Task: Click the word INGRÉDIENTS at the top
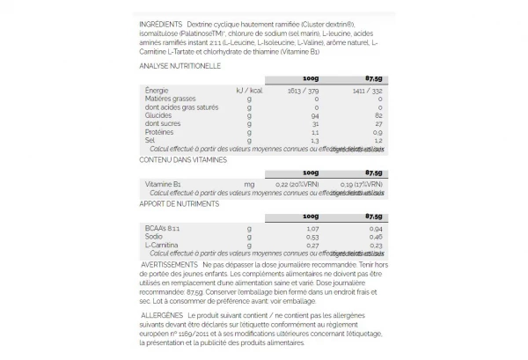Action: (160, 24)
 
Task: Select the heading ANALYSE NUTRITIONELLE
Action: (180, 65)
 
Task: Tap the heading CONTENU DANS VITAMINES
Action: (183, 159)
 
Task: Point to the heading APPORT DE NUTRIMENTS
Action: (180, 203)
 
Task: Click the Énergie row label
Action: (156, 91)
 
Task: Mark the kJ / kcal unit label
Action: (251, 91)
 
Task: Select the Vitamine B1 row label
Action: (163, 183)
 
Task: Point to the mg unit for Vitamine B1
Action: (249, 183)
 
